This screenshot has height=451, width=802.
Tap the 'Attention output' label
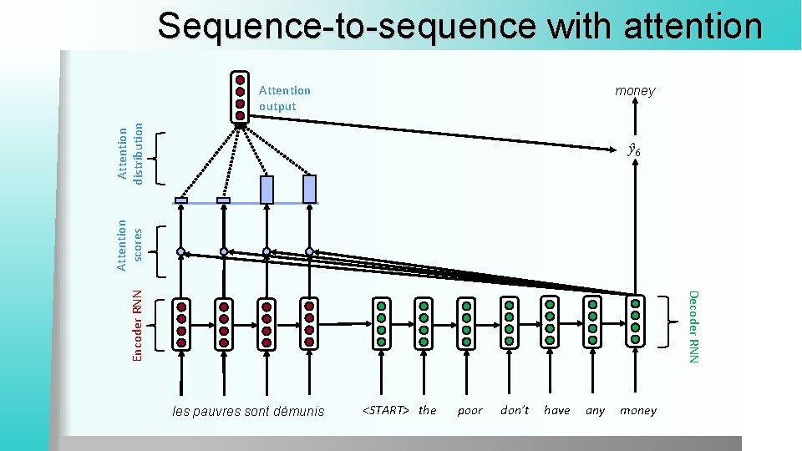(x=284, y=99)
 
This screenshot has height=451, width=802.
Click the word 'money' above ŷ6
(x=635, y=90)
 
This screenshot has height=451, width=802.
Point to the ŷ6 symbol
(x=634, y=151)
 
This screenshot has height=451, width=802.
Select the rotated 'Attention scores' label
(x=129, y=245)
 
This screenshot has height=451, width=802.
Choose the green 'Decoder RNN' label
(x=693, y=326)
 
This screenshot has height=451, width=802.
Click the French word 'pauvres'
(x=219, y=411)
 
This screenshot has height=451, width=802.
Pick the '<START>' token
(x=386, y=410)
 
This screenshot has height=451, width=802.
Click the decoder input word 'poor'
(x=470, y=410)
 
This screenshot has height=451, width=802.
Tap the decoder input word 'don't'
(x=515, y=410)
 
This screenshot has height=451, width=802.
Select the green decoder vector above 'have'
(x=550, y=321)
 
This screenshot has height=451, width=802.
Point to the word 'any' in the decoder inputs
(x=595, y=410)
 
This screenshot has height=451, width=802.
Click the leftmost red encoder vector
(x=181, y=323)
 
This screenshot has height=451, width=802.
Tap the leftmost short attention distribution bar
(x=181, y=200)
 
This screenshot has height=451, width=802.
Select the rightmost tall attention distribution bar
(x=310, y=190)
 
